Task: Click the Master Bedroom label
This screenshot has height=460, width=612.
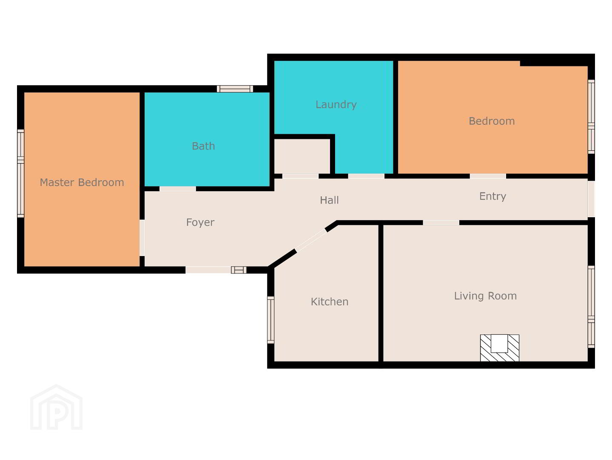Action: click(82, 182)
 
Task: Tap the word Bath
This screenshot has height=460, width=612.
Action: click(203, 146)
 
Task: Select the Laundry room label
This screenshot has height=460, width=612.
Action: click(336, 105)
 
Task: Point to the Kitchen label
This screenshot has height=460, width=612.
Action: click(330, 302)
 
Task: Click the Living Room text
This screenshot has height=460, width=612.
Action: click(485, 296)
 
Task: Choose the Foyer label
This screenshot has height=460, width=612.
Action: click(200, 222)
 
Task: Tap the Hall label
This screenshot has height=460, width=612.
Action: click(329, 200)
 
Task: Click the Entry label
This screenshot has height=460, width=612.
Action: click(492, 196)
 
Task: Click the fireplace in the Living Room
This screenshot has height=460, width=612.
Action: click(499, 348)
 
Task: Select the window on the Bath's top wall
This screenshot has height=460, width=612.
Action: click(235, 89)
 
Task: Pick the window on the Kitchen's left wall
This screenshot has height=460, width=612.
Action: click(271, 320)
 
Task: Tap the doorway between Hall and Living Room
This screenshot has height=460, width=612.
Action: click(441, 222)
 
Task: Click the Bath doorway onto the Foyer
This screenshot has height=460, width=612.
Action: click(178, 189)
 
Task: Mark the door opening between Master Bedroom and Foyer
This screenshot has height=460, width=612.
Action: click(142, 238)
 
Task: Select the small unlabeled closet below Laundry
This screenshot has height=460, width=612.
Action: click(302, 156)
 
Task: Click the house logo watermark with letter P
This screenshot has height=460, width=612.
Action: click(56, 407)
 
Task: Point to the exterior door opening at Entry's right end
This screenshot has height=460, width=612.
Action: click(591, 199)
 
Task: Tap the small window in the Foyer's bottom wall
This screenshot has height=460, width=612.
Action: click(239, 270)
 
